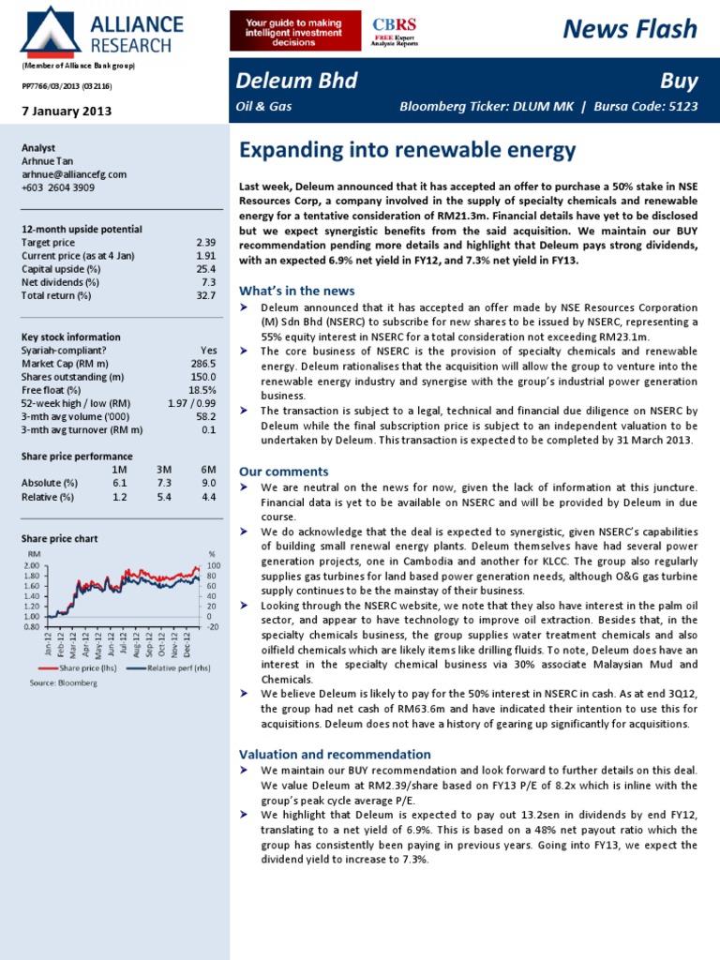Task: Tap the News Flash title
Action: click(630, 29)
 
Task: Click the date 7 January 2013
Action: click(67, 111)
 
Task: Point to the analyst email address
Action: click(73, 174)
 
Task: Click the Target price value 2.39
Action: click(205, 243)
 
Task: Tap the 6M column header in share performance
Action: click(208, 469)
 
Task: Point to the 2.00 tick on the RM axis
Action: click(31, 566)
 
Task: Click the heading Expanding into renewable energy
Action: click(407, 150)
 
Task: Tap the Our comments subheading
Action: click(284, 471)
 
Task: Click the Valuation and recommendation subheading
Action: click(335, 754)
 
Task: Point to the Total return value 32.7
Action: click(205, 295)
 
